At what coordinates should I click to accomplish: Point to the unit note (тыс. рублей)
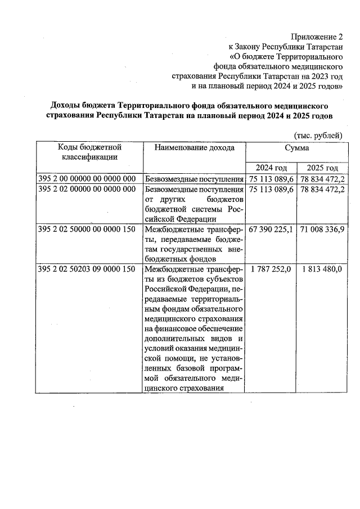(318, 136)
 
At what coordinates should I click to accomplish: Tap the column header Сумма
(296, 147)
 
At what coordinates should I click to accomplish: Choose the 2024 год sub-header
(272, 168)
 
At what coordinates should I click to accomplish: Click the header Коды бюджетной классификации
(90, 152)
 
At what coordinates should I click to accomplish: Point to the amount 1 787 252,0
(271, 269)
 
